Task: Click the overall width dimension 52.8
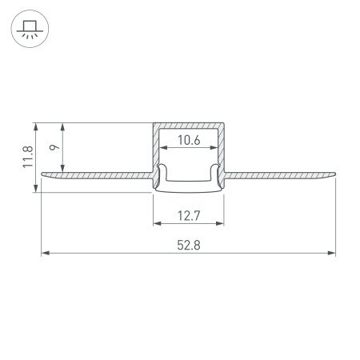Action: click(187, 246)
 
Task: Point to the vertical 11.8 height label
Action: click(27, 157)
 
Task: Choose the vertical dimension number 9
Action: click(53, 146)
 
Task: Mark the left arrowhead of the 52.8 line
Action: click(44, 254)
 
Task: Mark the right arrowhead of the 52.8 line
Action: click(332, 254)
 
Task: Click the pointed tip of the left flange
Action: click(39, 172)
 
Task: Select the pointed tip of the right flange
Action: click(336, 172)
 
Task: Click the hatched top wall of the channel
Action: click(189, 126)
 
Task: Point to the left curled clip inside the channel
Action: click(162, 172)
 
